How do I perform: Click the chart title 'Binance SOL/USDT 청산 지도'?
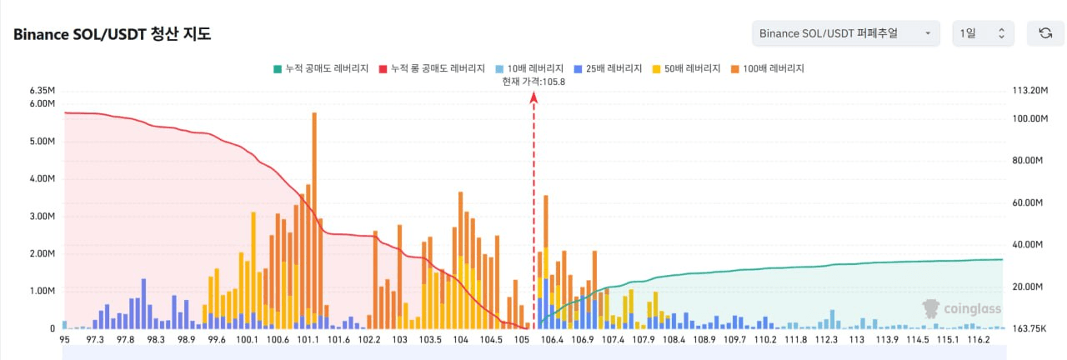(x=112, y=34)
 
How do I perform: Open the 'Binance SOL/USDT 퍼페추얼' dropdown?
(x=845, y=33)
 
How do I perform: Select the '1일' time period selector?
(x=983, y=33)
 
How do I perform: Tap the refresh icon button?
(x=1045, y=33)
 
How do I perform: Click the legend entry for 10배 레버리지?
(x=529, y=68)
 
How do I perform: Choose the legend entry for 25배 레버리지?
(x=608, y=68)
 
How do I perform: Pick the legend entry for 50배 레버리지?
(x=686, y=68)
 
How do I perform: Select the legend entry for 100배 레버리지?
(x=768, y=68)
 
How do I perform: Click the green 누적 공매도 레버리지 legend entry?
(x=321, y=68)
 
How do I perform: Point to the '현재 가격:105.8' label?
(x=533, y=82)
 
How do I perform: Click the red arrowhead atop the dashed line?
(x=534, y=97)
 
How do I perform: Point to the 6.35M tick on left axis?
(x=43, y=90)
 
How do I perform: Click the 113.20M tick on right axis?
(x=1029, y=90)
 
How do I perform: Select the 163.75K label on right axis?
(x=1029, y=328)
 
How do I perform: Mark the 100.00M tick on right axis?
(x=1029, y=118)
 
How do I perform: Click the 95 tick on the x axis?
(x=64, y=339)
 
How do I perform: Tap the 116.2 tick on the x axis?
(x=979, y=339)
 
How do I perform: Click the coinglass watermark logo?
(x=961, y=308)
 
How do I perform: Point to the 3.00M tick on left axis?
(x=43, y=216)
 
